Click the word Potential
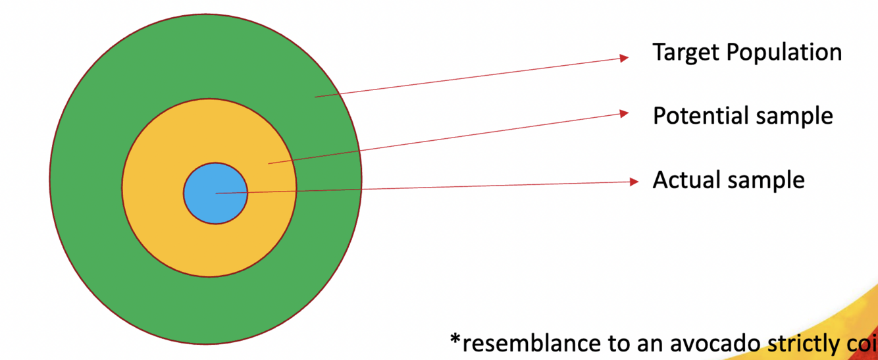[700, 116]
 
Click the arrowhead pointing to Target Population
[625, 58]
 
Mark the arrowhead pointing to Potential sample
[625, 113]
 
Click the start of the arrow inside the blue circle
[217, 193]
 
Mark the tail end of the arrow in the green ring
[315, 97]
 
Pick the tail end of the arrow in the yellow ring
[269, 163]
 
